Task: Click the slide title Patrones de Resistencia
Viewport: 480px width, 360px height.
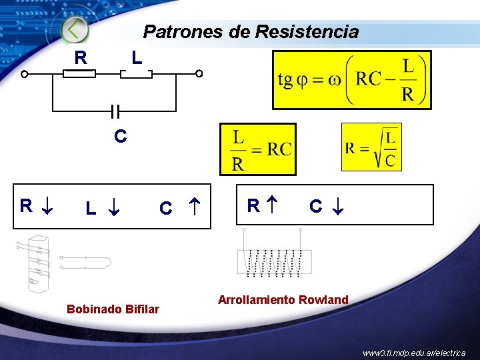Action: pyautogui.click(x=251, y=31)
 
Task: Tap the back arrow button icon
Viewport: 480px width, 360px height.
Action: pyautogui.click(x=75, y=29)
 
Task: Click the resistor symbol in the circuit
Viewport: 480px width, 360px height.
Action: pyautogui.click(x=79, y=74)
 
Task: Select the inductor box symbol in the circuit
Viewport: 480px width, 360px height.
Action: pyautogui.click(x=136, y=74)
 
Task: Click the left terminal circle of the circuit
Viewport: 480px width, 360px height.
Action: pyautogui.click(x=24, y=75)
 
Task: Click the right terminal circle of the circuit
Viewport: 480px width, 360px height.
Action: pyautogui.click(x=199, y=74)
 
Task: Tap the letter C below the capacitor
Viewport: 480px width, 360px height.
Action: pyautogui.click(x=120, y=136)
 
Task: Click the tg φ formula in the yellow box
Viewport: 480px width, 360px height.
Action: pyautogui.click(x=352, y=80)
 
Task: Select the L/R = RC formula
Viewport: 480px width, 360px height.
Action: pyautogui.click(x=258, y=149)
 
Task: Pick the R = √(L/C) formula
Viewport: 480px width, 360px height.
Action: pyautogui.click(x=371, y=147)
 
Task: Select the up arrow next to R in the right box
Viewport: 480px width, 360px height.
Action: pyautogui.click(x=273, y=205)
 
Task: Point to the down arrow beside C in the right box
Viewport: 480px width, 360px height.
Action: pyautogui.click(x=337, y=207)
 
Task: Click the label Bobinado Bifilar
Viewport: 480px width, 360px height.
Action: pyautogui.click(x=113, y=309)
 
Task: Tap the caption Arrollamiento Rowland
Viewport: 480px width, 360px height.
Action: pyautogui.click(x=283, y=300)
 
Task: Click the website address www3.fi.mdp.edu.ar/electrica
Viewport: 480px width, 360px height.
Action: pyautogui.click(x=413, y=352)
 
